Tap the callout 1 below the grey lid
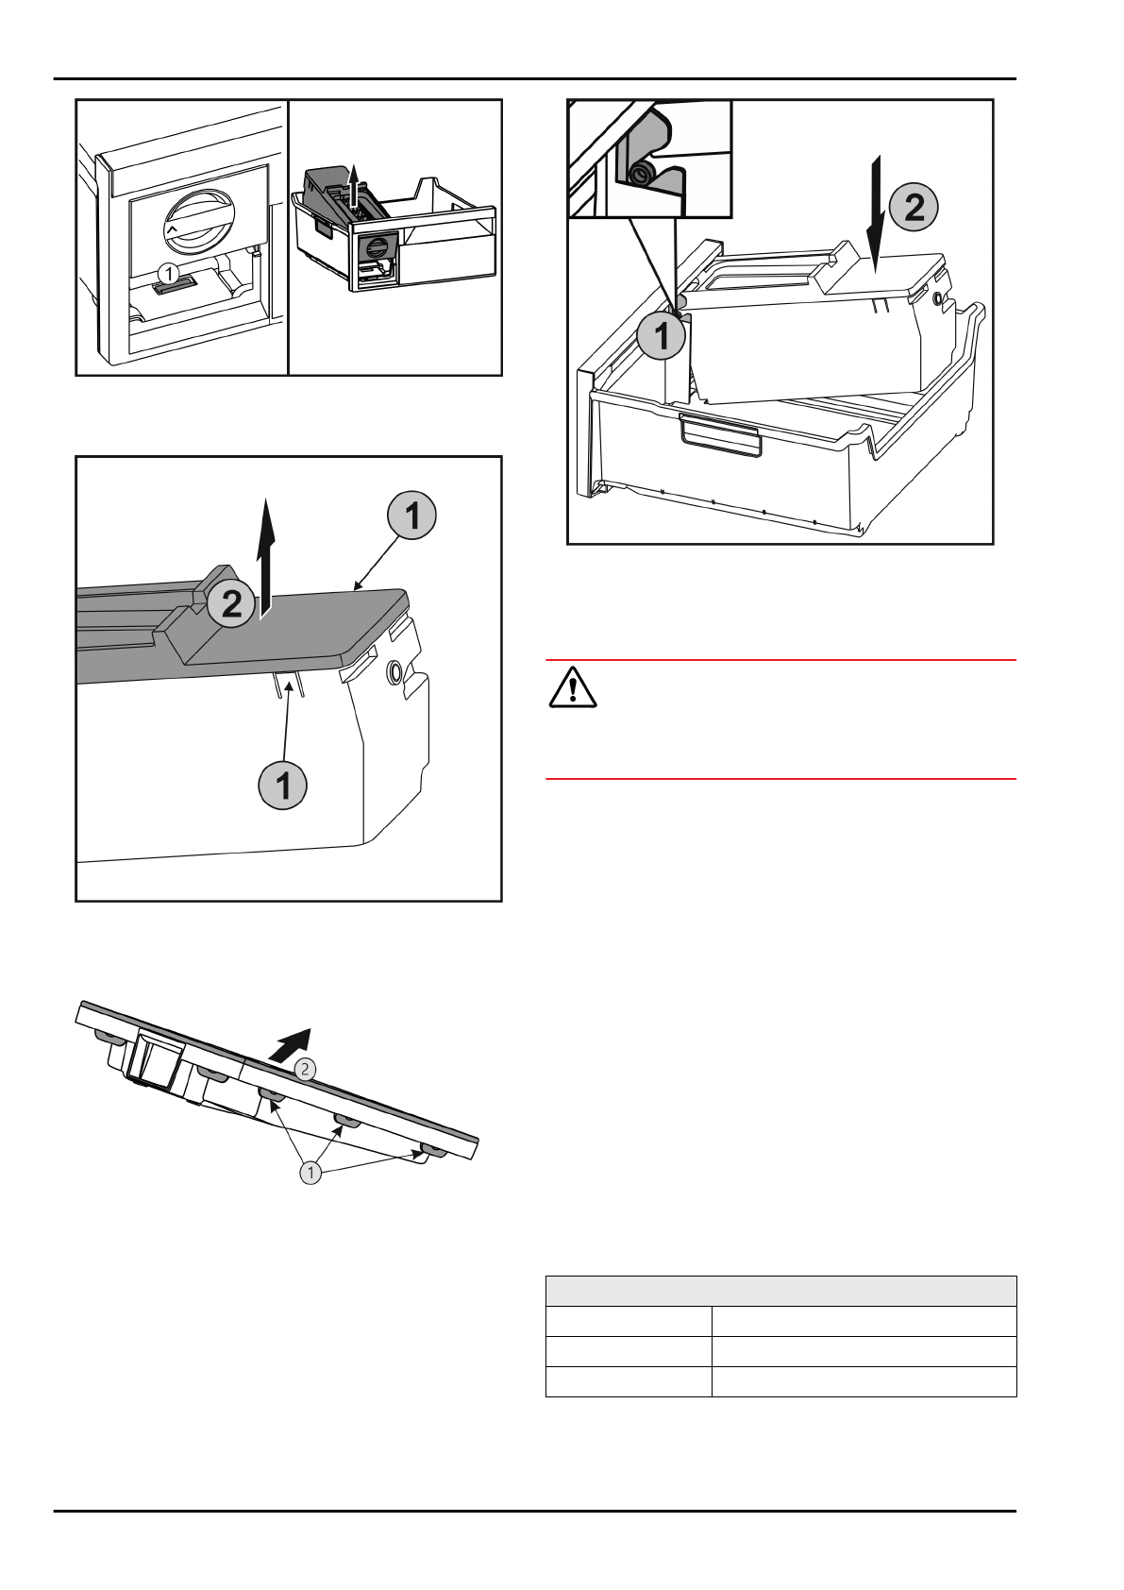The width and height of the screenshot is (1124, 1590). (283, 784)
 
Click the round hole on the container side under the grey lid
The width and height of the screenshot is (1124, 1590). (394, 672)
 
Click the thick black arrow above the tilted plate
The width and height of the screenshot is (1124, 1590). (292, 1043)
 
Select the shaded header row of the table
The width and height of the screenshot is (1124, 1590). (780, 1291)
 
